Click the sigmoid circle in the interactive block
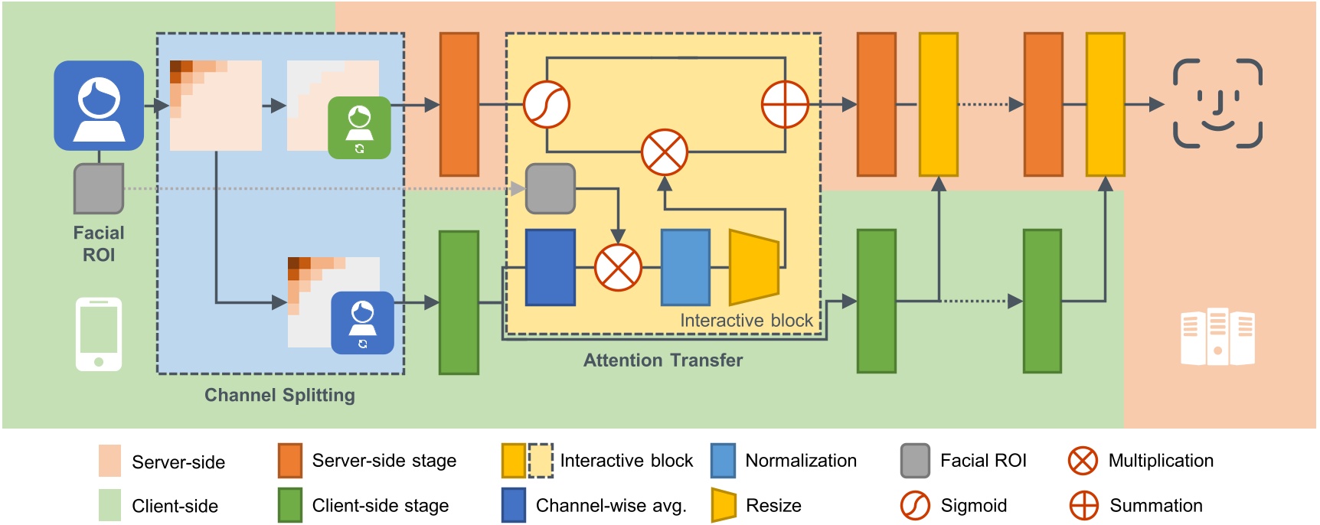(547, 104)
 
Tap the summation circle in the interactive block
(785, 104)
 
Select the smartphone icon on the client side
(99, 334)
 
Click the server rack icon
(1217, 337)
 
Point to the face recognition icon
(1217, 103)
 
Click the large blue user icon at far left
(99, 106)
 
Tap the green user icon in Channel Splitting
(359, 128)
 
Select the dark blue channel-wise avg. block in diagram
(551, 267)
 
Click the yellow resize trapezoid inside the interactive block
(754, 267)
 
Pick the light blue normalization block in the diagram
(685, 267)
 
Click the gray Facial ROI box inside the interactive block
(551, 188)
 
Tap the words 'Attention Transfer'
(663, 360)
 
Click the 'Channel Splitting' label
(280, 395)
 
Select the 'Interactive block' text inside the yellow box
(747, 321)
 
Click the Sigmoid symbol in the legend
(915, 506)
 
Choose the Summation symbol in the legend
(1083, 506)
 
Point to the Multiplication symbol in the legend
(1083, 461)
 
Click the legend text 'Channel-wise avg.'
(611, 506)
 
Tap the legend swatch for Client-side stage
(290, 505)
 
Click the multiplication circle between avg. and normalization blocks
(618, 268)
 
